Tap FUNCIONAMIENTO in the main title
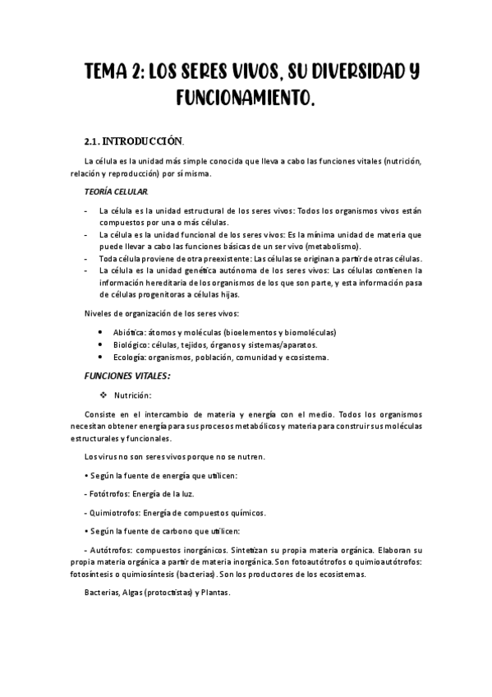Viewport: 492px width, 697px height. pos(245,99)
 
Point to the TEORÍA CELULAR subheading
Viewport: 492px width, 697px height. pos(117,192)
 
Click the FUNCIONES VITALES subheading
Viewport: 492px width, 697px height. pos(127,376)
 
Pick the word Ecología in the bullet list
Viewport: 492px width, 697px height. pos(116,357)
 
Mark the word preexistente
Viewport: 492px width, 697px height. pos(215,258)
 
